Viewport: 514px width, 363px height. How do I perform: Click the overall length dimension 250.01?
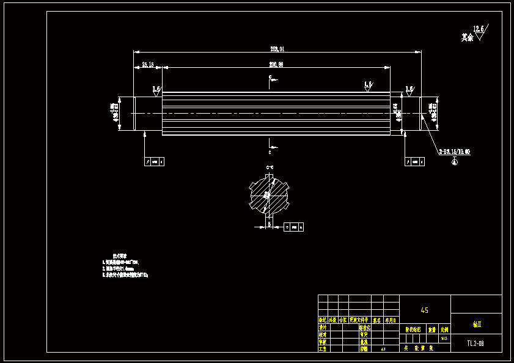277,48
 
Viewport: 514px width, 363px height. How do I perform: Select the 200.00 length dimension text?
276,64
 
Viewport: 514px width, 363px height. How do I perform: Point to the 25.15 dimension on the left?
148,64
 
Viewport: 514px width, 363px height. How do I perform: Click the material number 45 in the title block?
425,310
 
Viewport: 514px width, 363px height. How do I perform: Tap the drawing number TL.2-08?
475,343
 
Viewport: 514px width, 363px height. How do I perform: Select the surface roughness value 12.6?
478,29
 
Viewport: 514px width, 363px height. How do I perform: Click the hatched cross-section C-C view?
268,194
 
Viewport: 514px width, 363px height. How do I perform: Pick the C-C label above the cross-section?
269,167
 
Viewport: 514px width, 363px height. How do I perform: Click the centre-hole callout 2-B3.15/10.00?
455,151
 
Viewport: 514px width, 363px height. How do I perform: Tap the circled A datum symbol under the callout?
455,161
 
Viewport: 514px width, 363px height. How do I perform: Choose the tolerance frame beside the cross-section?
294,227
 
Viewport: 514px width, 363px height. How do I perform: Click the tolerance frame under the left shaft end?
154,161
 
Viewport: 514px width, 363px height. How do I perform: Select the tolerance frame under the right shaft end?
415,161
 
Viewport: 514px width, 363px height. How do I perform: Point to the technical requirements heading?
120,255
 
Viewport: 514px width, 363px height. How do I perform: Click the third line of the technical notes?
125,276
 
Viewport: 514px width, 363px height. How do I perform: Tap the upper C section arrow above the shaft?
270,79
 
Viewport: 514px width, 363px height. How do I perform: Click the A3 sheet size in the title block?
383,349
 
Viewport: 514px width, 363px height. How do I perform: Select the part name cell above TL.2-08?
476,324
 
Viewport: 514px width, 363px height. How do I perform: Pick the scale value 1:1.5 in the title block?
444,338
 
